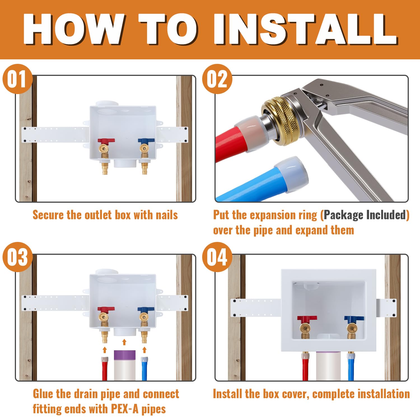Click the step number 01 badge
[17, 79]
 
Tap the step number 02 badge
[217, 79]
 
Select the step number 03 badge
[17, 257]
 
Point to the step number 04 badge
[217, 257]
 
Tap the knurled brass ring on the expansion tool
[277, 121]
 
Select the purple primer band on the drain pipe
[125, 355]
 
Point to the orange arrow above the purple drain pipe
[124, 342]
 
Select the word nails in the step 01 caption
[167, 215]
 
